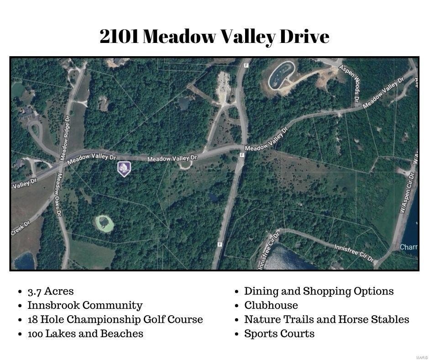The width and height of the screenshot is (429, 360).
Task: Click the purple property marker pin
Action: (x=124, y=169)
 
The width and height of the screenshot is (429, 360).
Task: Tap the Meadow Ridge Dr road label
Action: (x=65, y=138)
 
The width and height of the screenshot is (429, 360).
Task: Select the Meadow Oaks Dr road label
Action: (x=59, y=194)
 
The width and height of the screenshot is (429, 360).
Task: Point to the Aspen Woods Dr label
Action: (x=350, y=83)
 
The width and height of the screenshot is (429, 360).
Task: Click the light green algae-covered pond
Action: (x=105, y=224)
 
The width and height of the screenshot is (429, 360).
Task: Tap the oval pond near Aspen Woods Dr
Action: (x=281, y=75)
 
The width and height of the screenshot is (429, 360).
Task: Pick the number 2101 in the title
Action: (x=119, y=37)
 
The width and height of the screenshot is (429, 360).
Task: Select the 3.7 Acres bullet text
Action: (x=51, y=291)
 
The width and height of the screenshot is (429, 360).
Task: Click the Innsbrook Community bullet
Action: (x=85, y=306)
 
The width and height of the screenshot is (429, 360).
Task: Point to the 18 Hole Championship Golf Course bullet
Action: (x=115, y=320)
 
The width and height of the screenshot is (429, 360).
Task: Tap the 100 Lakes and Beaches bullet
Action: (x=85, y=334)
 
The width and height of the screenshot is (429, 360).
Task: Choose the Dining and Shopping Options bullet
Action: (x=319, y=291)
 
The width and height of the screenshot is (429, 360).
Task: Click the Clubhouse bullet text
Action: (x=271, y=306)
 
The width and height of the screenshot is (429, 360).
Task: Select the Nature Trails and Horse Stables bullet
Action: (x=327, y=319)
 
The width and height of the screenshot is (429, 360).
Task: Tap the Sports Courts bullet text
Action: (x=279, y=334)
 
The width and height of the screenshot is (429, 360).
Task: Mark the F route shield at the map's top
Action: (x=246, y=65)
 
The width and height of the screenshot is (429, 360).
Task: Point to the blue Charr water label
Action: (x=408, y=247)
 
